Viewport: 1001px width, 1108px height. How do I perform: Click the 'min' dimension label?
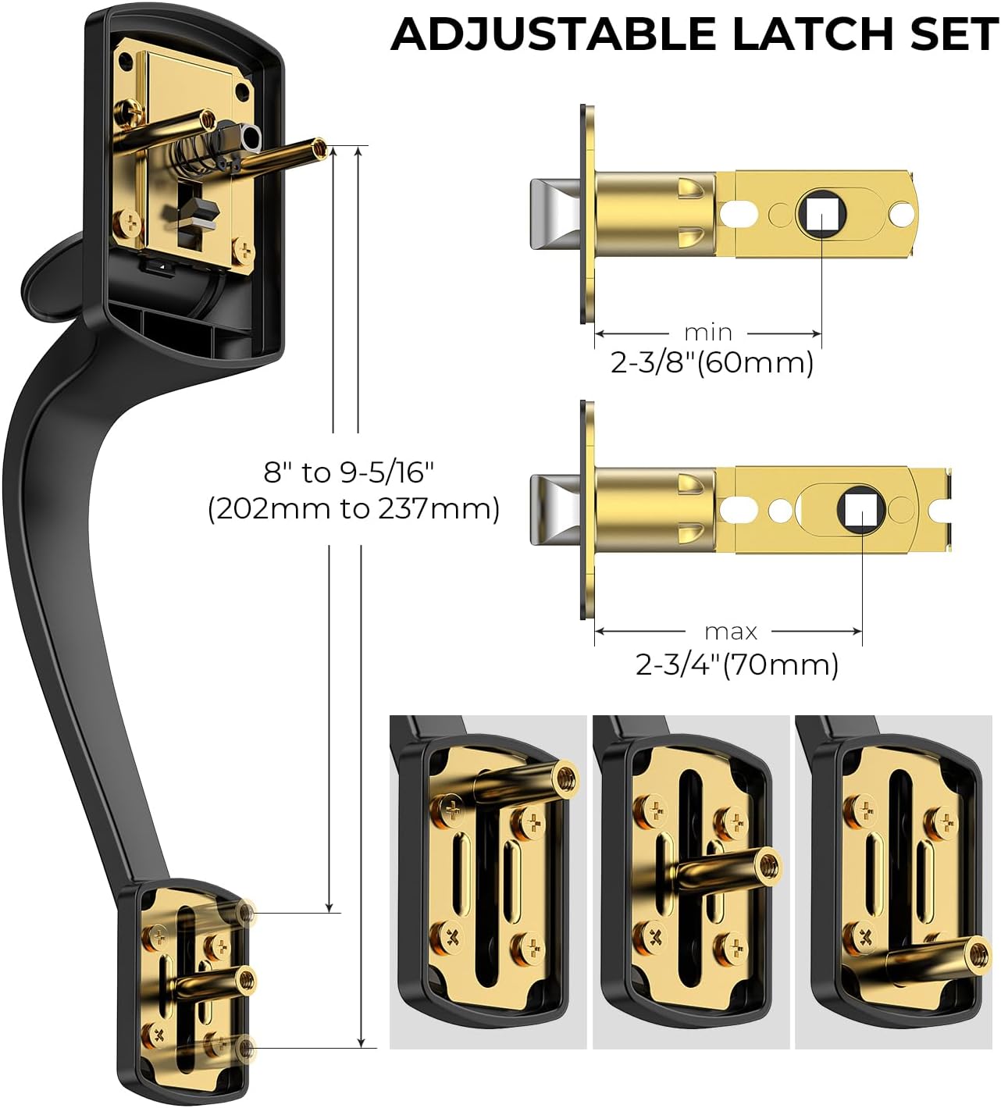tap(708, 333)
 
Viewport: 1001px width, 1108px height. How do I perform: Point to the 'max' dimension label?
tap(731, 631)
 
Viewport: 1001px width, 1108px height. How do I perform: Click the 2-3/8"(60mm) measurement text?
tap(712, 363)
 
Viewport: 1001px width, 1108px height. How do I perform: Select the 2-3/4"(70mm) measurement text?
tap(737, 664)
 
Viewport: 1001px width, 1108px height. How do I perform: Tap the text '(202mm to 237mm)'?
tap(353, 509)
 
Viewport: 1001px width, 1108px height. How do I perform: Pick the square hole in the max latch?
tap(861, 510)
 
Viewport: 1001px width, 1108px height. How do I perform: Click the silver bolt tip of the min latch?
tap(553, 213)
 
